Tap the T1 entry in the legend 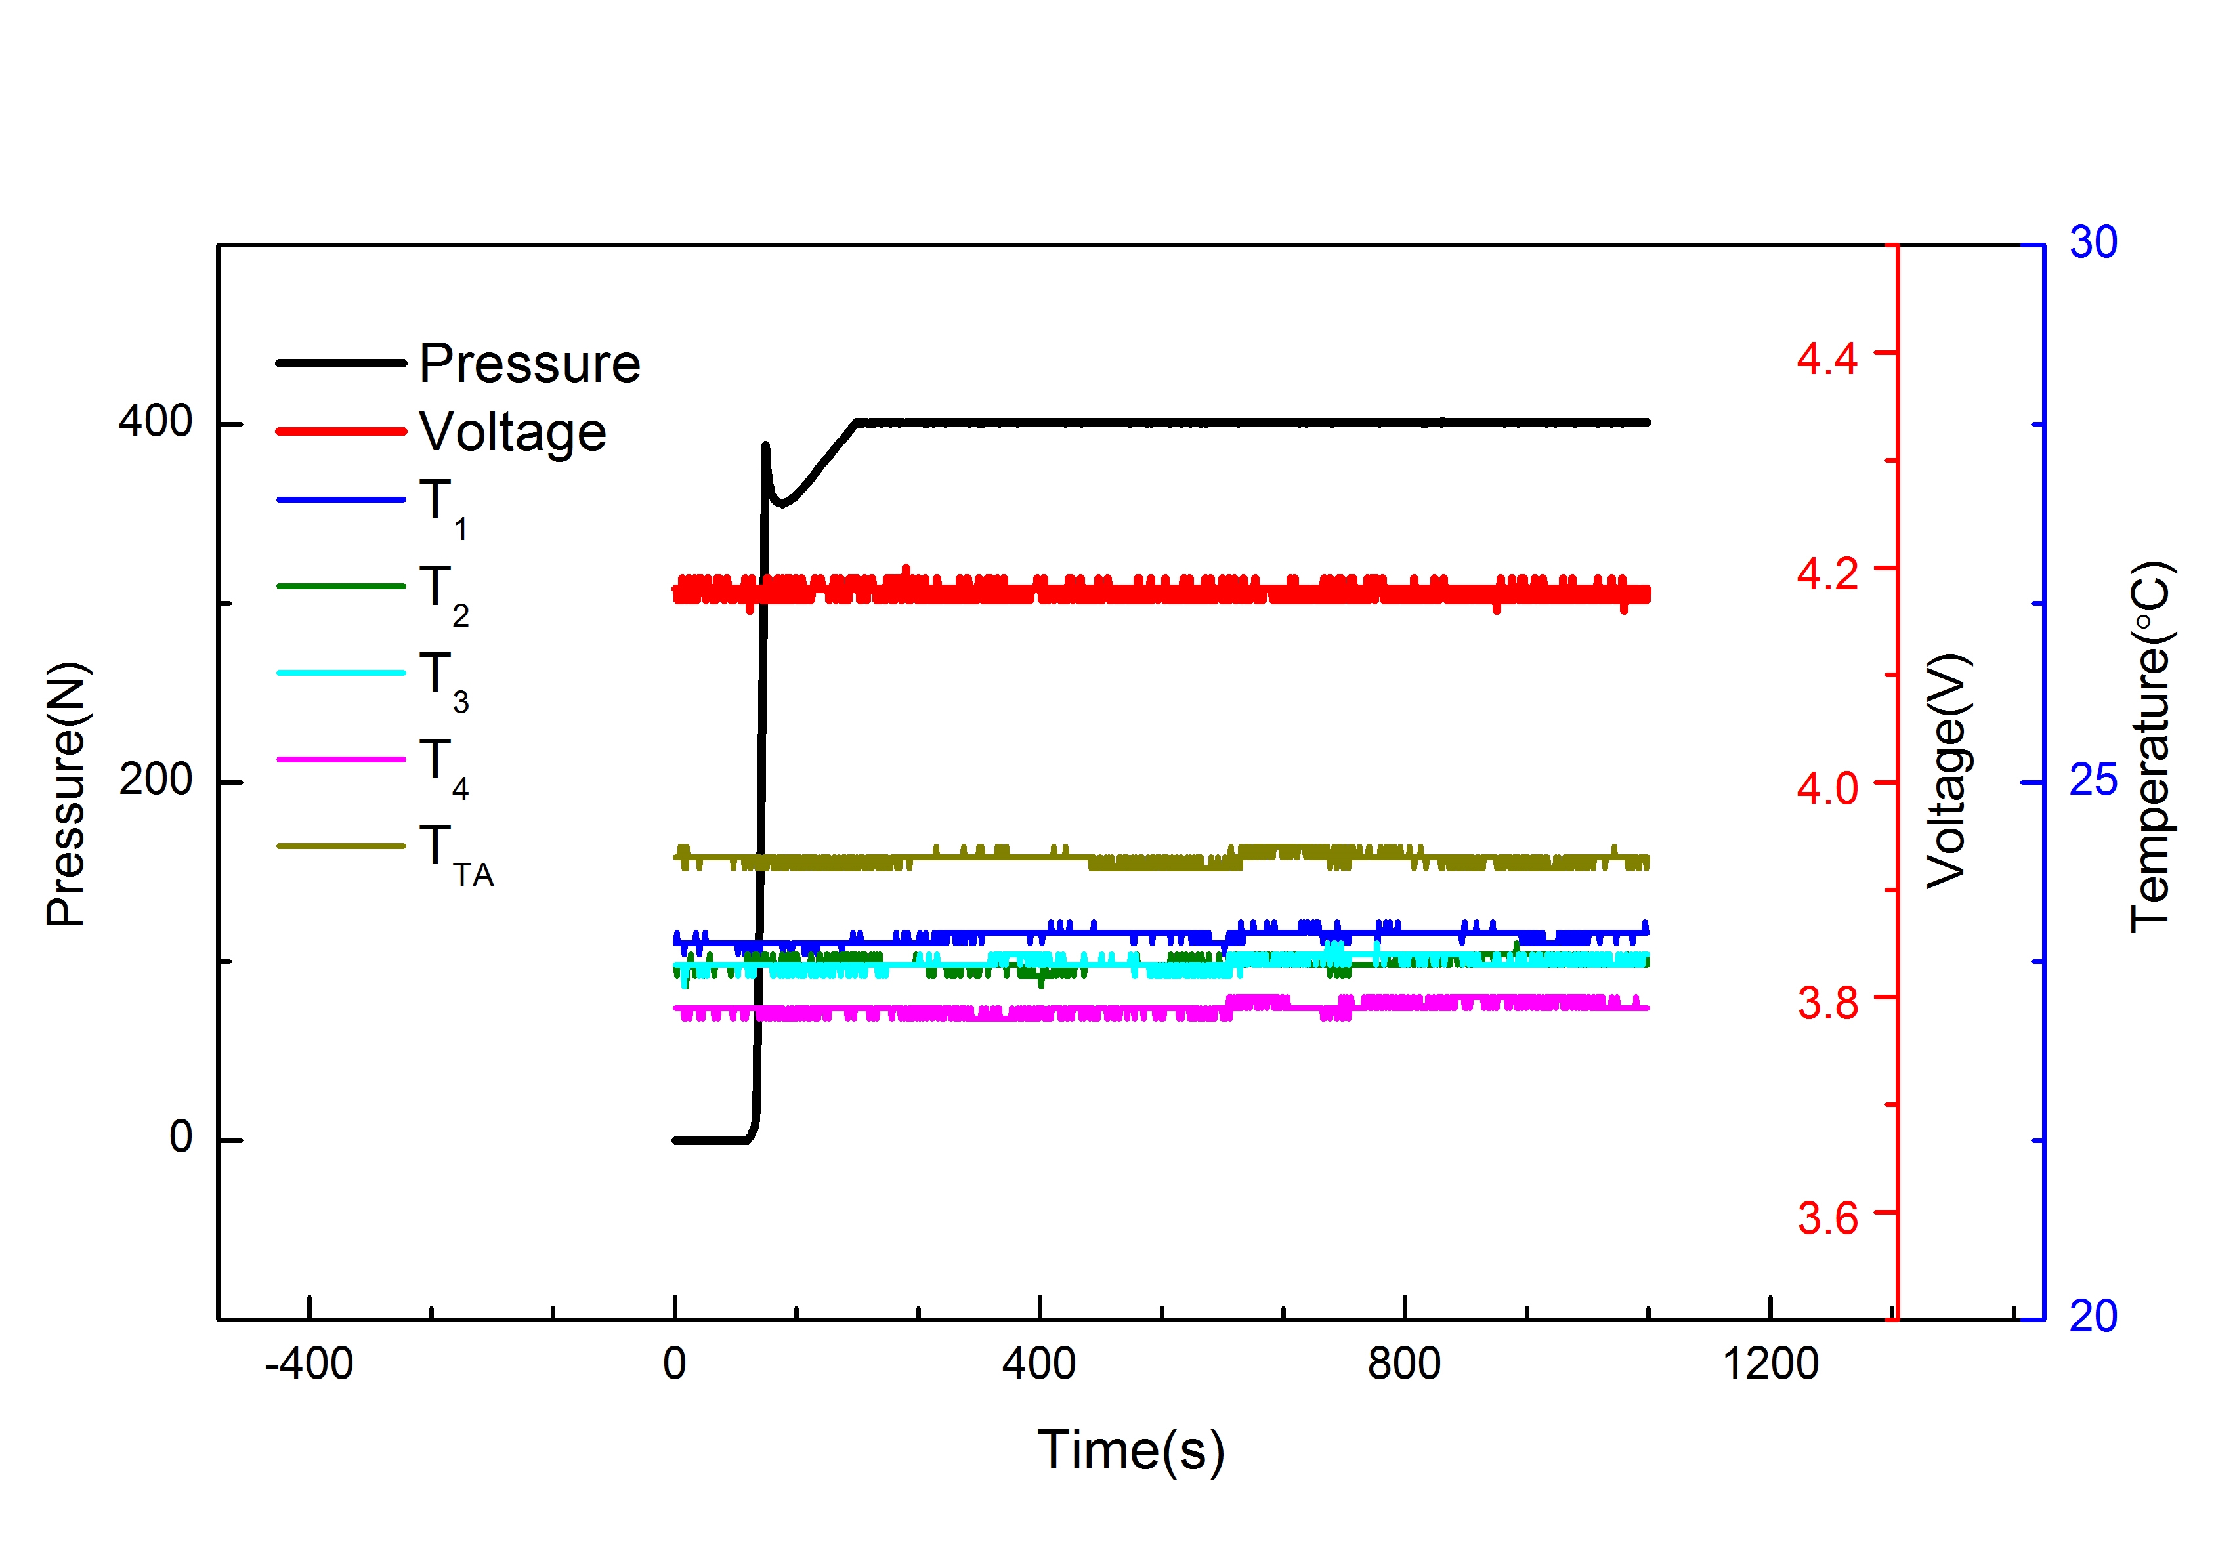[x=444, y=505]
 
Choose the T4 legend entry [x=444, y=765]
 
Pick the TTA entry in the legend [x=456, y=852]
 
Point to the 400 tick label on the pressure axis [x=155, y=421]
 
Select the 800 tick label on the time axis [x=1404, y=1364]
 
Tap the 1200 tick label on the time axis [x=1770, y=1364]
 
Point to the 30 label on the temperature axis [x=2093, y=242]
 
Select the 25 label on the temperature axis [x=2093, y=781]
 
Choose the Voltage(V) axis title [x=1947, y=771]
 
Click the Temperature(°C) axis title [x=2151, y=747]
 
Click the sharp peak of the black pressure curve [x=766, y=446]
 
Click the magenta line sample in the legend [x=341, y=759]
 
